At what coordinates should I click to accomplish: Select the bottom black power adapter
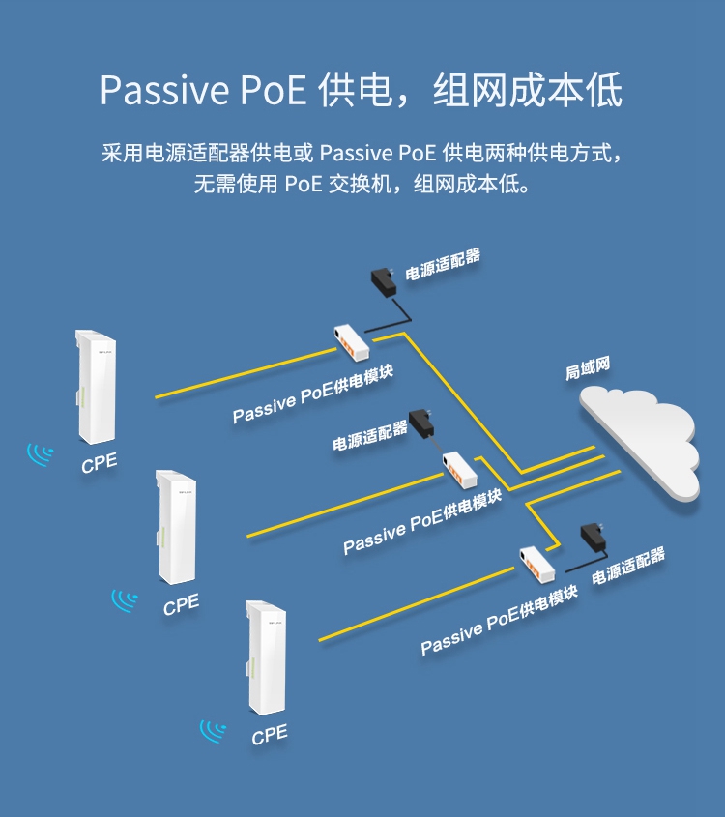point(593,536)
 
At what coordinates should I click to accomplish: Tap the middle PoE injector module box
point(460,469)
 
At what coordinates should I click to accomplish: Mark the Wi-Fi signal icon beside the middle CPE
point(124,600)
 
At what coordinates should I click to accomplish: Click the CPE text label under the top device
point(99,463)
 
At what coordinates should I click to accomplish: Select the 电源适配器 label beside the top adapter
point(442,264)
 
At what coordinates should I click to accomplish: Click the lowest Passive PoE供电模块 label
point(499,619)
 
